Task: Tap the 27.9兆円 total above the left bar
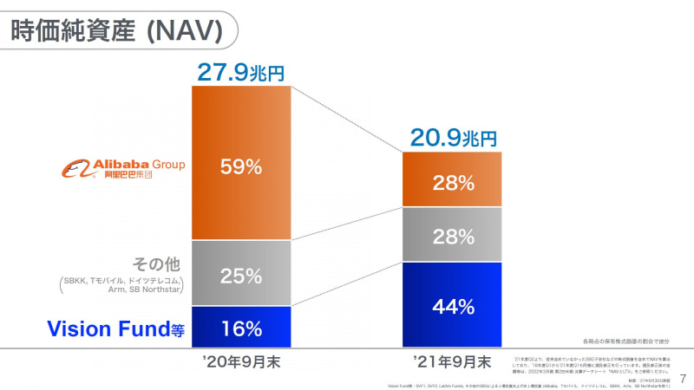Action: coord(241,72)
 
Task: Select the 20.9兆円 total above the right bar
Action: coord(452,137)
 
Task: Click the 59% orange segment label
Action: coord(241,167)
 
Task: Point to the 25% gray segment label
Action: coord(241,276)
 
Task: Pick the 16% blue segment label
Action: coord(241,328)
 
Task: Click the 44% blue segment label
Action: coord(453,306)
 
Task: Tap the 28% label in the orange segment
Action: coord(453,183)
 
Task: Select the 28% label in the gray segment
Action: coord(453,237)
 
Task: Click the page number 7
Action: coord(683,378)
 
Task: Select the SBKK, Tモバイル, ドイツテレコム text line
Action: coord(122,280)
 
